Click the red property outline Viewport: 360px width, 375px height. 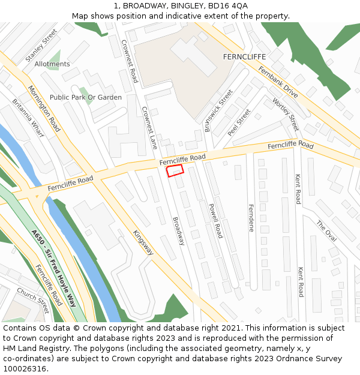175,171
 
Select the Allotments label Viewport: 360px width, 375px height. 52,64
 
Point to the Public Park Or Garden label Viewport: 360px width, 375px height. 86,97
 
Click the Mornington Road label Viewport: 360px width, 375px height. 44,109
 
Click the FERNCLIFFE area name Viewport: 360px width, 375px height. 244,56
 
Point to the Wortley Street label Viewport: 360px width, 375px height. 286,115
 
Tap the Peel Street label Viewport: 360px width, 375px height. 239,122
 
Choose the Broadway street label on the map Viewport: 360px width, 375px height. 178,231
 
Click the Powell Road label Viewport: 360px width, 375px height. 215,220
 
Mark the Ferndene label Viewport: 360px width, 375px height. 251,218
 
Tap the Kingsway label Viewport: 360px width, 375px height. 143,242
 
